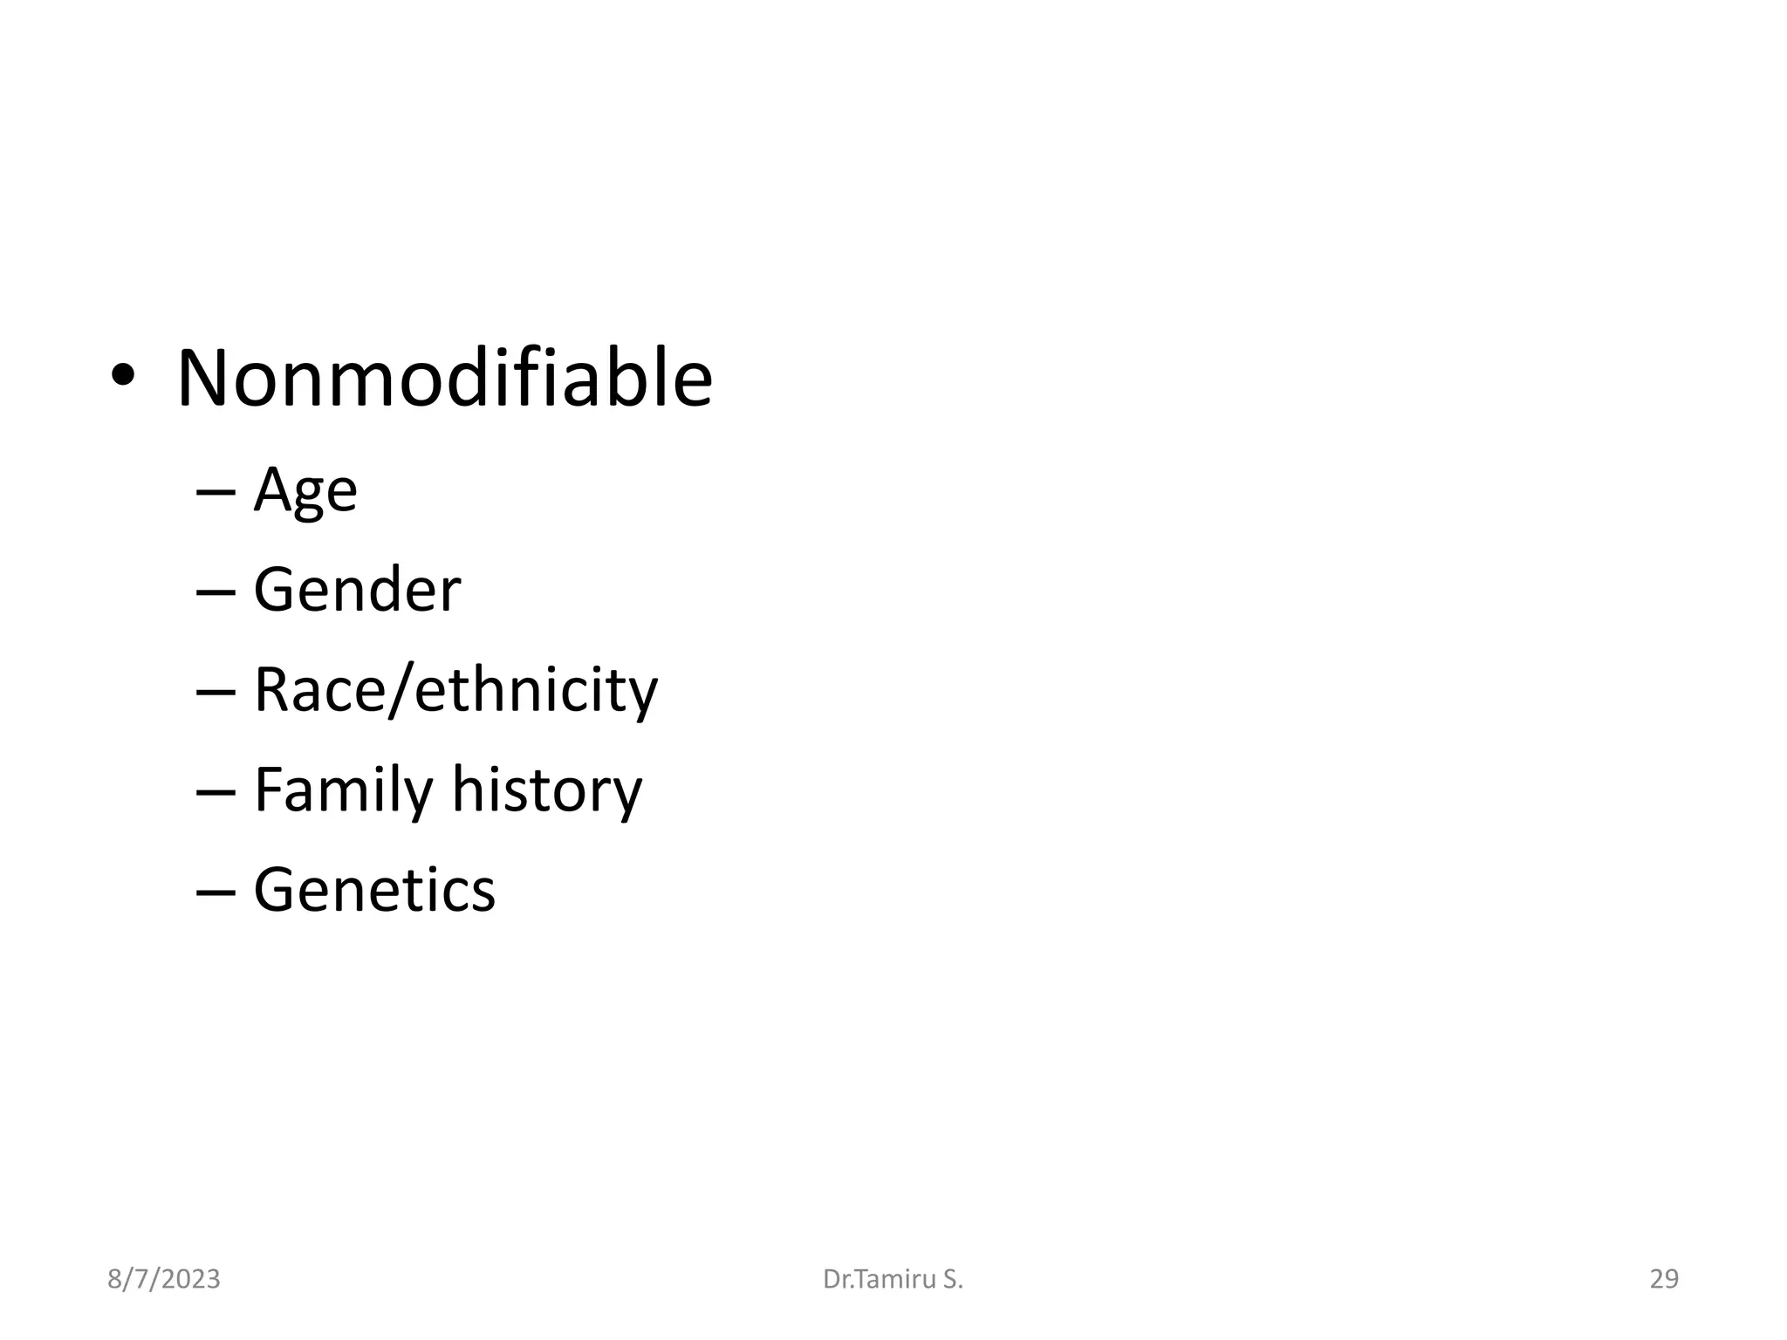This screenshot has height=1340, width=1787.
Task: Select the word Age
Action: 305,491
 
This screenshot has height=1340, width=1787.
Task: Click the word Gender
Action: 357,590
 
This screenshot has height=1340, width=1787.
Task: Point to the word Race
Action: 319,690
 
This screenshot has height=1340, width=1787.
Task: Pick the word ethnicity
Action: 536,690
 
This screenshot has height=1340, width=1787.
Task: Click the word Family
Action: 343,790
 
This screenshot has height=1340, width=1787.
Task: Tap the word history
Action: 546,790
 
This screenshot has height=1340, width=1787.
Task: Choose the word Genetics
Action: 374,890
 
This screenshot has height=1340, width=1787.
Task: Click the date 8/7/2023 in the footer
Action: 164,1280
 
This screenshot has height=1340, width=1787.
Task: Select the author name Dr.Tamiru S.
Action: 893,1280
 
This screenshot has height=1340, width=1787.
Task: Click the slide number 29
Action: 1664,1280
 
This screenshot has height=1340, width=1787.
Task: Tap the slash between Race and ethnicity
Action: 401,691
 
